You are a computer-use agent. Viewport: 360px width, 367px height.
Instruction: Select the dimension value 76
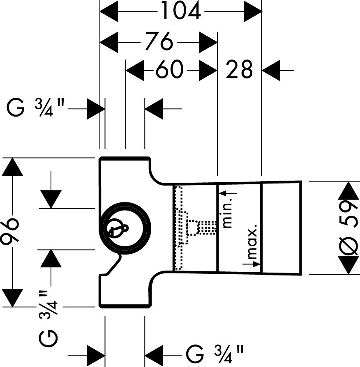tap(159, 41)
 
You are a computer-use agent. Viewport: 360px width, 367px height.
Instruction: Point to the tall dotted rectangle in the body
tap(178, 228)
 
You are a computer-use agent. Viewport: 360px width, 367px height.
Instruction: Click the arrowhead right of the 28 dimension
tap(271, 71)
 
